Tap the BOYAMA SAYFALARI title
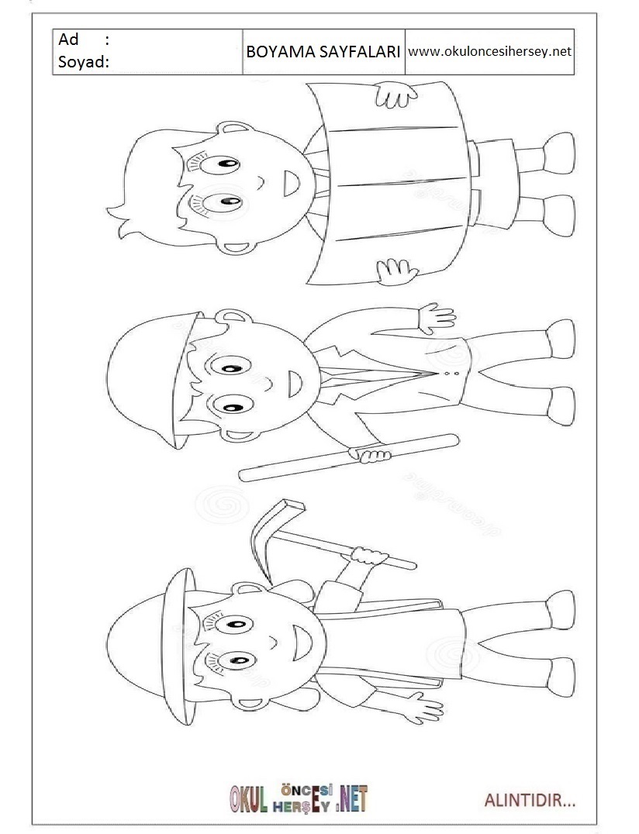pos(323,52)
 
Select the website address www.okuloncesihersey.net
pos(489,52)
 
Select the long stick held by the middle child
pos(348,458)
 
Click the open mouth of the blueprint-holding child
pos(291,184)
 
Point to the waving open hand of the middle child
pos(435,318)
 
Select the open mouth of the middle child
pos(293,383)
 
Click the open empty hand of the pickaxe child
pos(424,708)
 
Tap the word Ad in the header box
pos(68,40)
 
